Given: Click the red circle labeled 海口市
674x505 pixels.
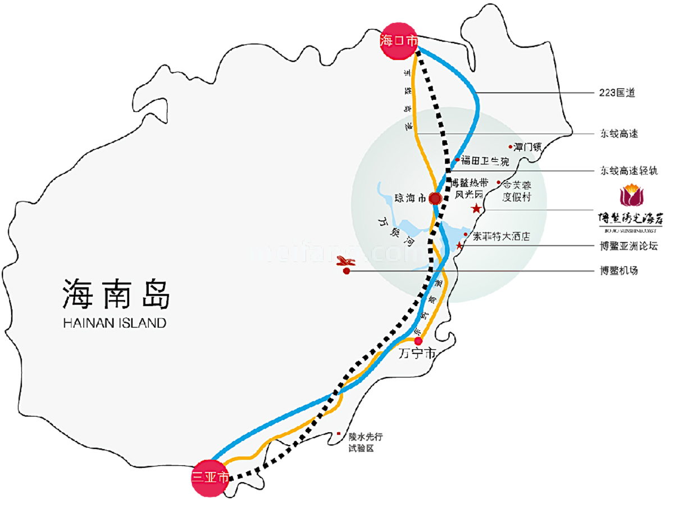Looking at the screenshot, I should [399, 40].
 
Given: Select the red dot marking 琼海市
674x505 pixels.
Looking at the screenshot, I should [435, 198].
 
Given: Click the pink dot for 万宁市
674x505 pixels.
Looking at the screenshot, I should [418, 340].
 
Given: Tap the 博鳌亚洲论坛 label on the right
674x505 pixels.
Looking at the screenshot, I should [628, 245].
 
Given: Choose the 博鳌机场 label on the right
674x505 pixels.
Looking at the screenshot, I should [618, 270].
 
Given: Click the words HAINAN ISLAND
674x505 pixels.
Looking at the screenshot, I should [115, 323].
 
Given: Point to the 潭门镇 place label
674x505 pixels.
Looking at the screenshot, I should [527, 147].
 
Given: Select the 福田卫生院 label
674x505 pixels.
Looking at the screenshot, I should [485, 161].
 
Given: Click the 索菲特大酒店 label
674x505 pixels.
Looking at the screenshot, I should [501, 236].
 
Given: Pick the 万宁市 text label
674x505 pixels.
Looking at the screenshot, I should [416, 355].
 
